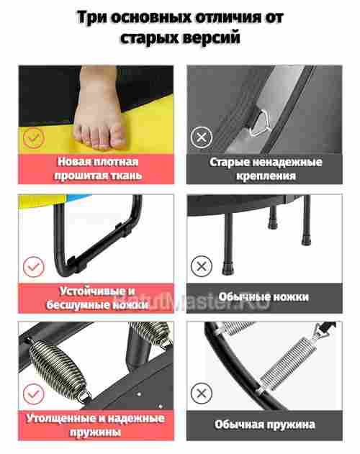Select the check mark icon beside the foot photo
pyautogui.click(x=33, y=137)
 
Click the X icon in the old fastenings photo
pyautogui.click(x=202, y=137)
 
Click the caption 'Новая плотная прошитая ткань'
pyautogui.click(x=98, y=168)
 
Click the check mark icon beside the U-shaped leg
pyautogui.click(x=33, y=267)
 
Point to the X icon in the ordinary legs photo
pyautogui.click(x=202, y=267)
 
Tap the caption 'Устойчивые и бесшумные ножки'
pyautogui.click(x=98, y=298)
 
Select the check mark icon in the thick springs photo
pyautogui.click(x=33, y=394)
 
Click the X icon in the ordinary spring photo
pyautogui.click(x=202, y=394)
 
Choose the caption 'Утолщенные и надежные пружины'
pyautogui.click(x=98, y=425)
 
